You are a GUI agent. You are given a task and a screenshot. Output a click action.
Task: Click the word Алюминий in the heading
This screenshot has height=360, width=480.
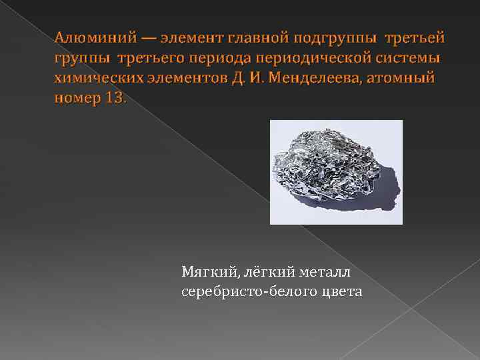tap(87, 35)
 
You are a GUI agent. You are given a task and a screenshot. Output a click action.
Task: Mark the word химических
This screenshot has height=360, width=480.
tap(93, 78)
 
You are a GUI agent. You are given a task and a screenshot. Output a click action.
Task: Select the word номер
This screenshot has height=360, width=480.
tap(74, 99)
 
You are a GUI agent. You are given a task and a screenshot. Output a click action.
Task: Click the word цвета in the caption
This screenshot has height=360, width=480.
tap(338, 292)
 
